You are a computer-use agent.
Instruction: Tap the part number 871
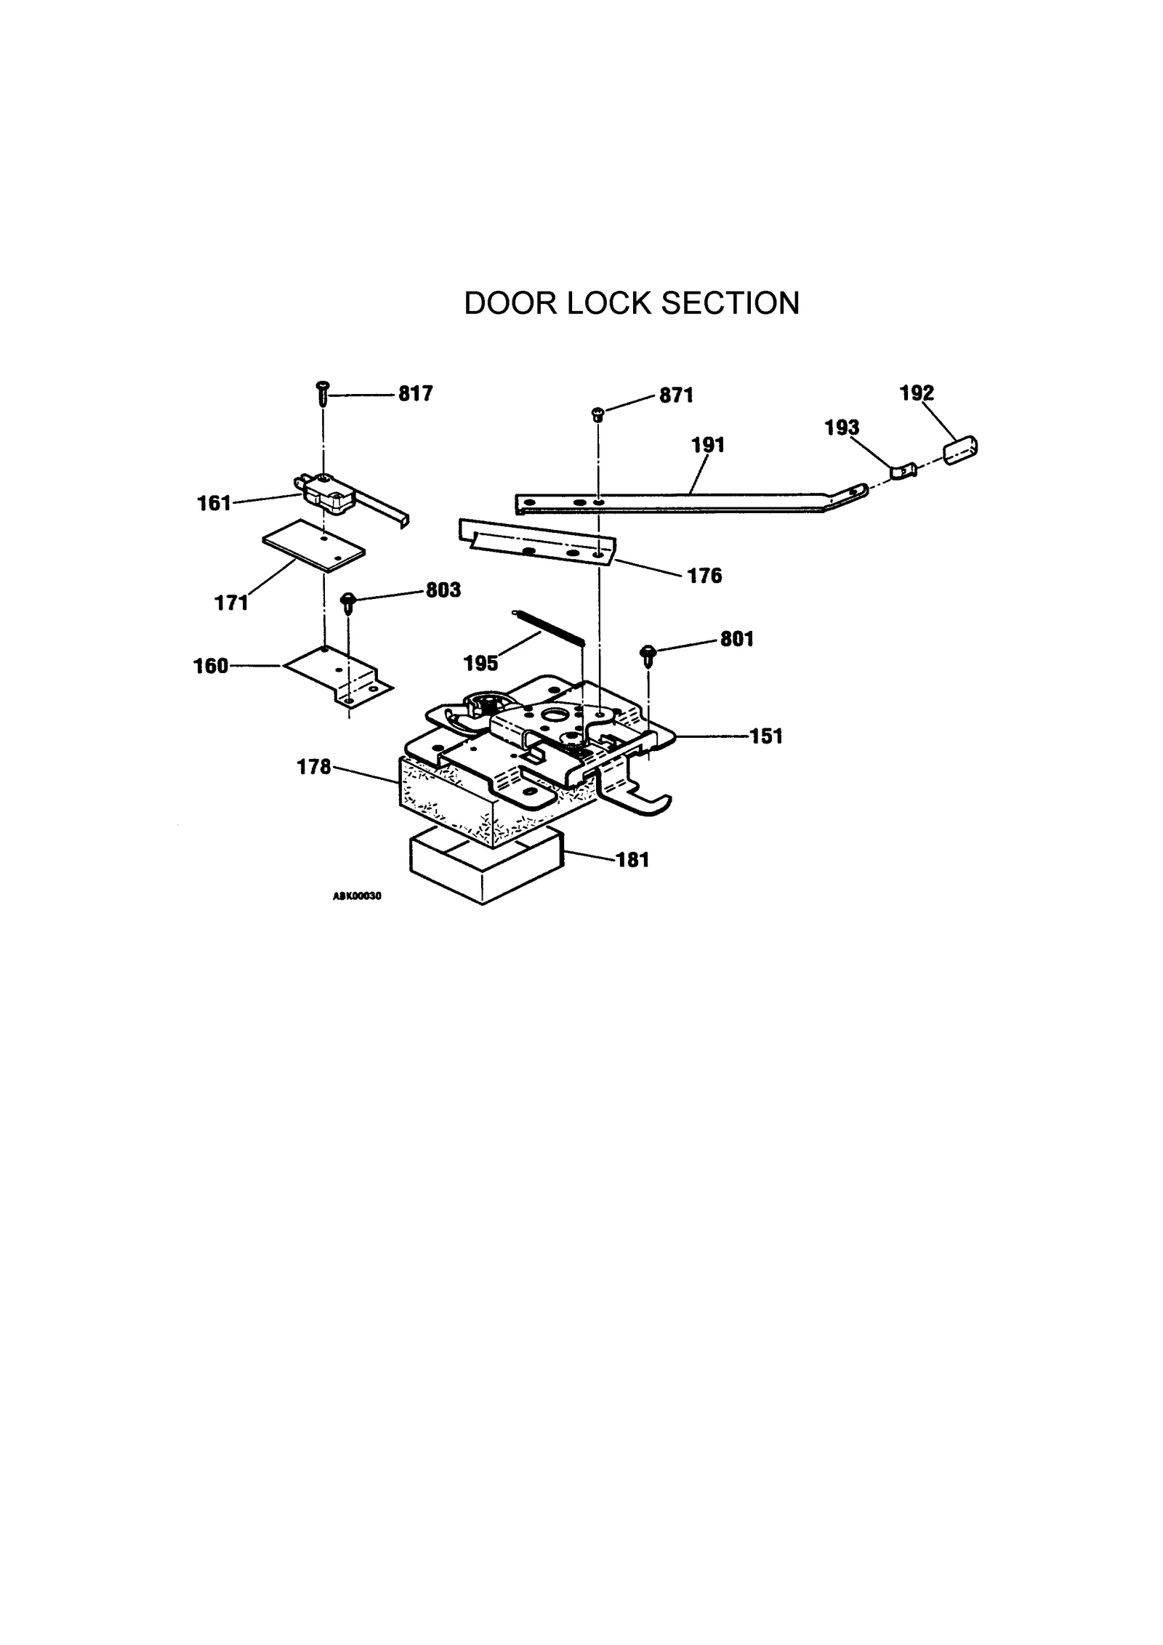pos(676,395)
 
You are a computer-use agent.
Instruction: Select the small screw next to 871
pos(598,414)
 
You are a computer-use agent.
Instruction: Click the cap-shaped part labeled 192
pos(961,449)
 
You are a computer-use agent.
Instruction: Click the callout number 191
pos(707,445)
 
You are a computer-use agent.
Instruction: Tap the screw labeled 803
pos(348,601)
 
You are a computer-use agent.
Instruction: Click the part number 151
pos(766,736)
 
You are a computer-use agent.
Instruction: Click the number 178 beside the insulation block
pos(314,767)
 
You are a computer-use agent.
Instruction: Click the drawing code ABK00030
pos(357,896)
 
